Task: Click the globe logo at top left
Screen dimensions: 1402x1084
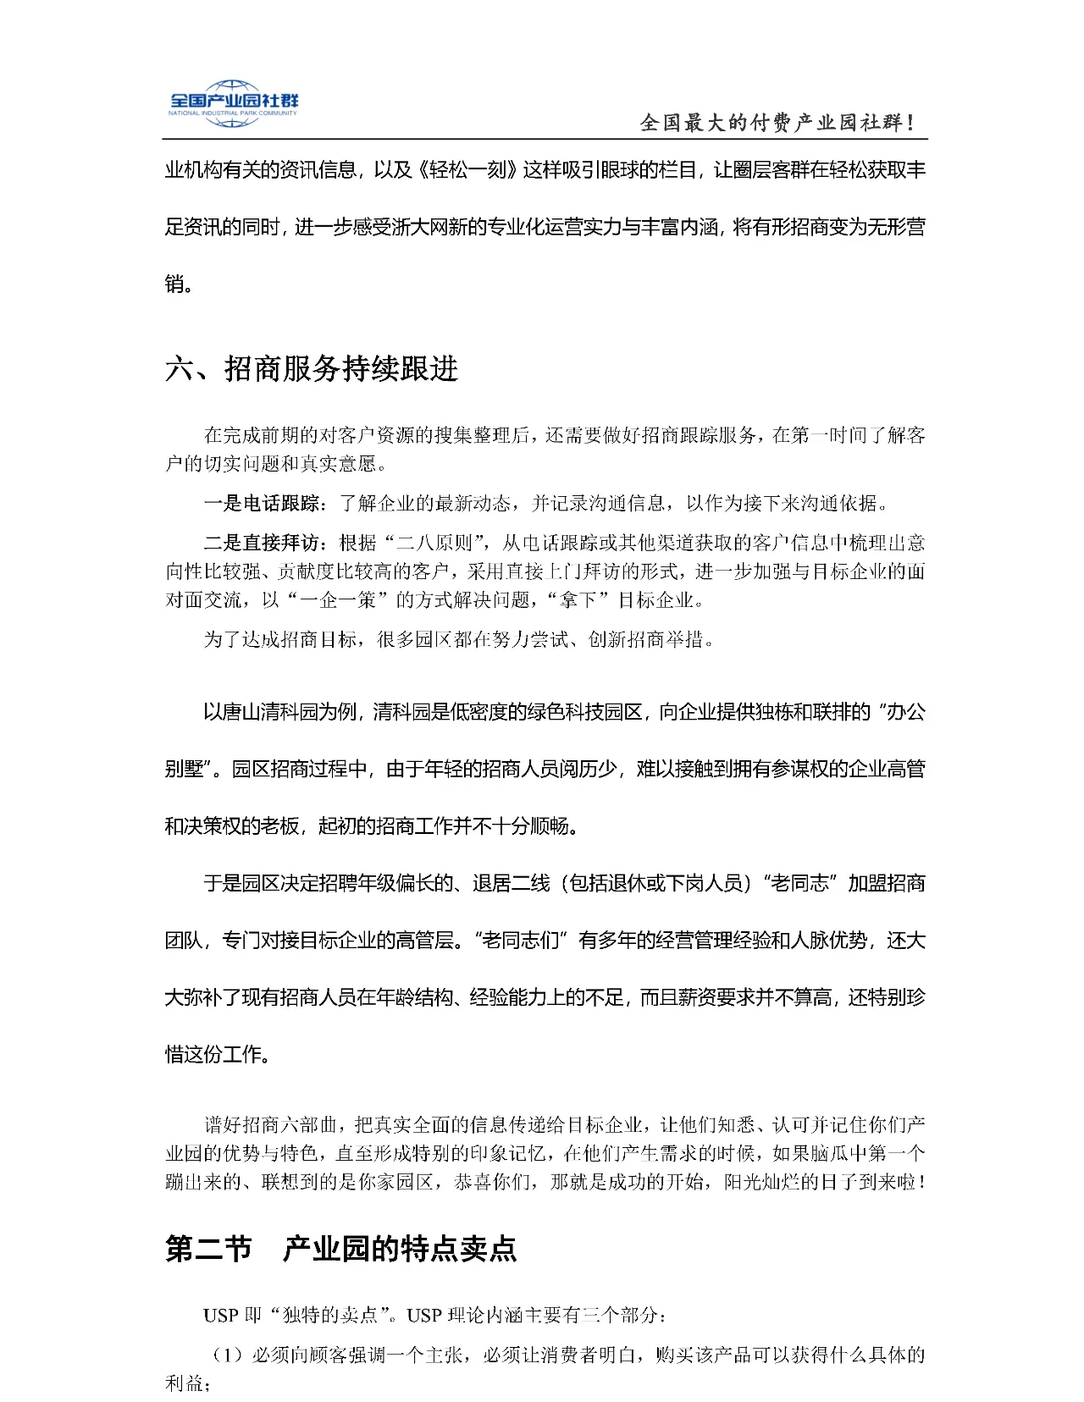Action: pyautogui.click(x=231, y=102)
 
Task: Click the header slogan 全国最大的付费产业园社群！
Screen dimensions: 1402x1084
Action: pyautogui.click(x=777, y=124)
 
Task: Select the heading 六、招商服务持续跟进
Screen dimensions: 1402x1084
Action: pyautogui.click(x=312, y=370)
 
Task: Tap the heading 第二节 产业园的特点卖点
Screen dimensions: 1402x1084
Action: pyautogui.click(x=340, y=1250)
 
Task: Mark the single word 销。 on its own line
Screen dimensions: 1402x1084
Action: pyautogui.click(x=178, y=284)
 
